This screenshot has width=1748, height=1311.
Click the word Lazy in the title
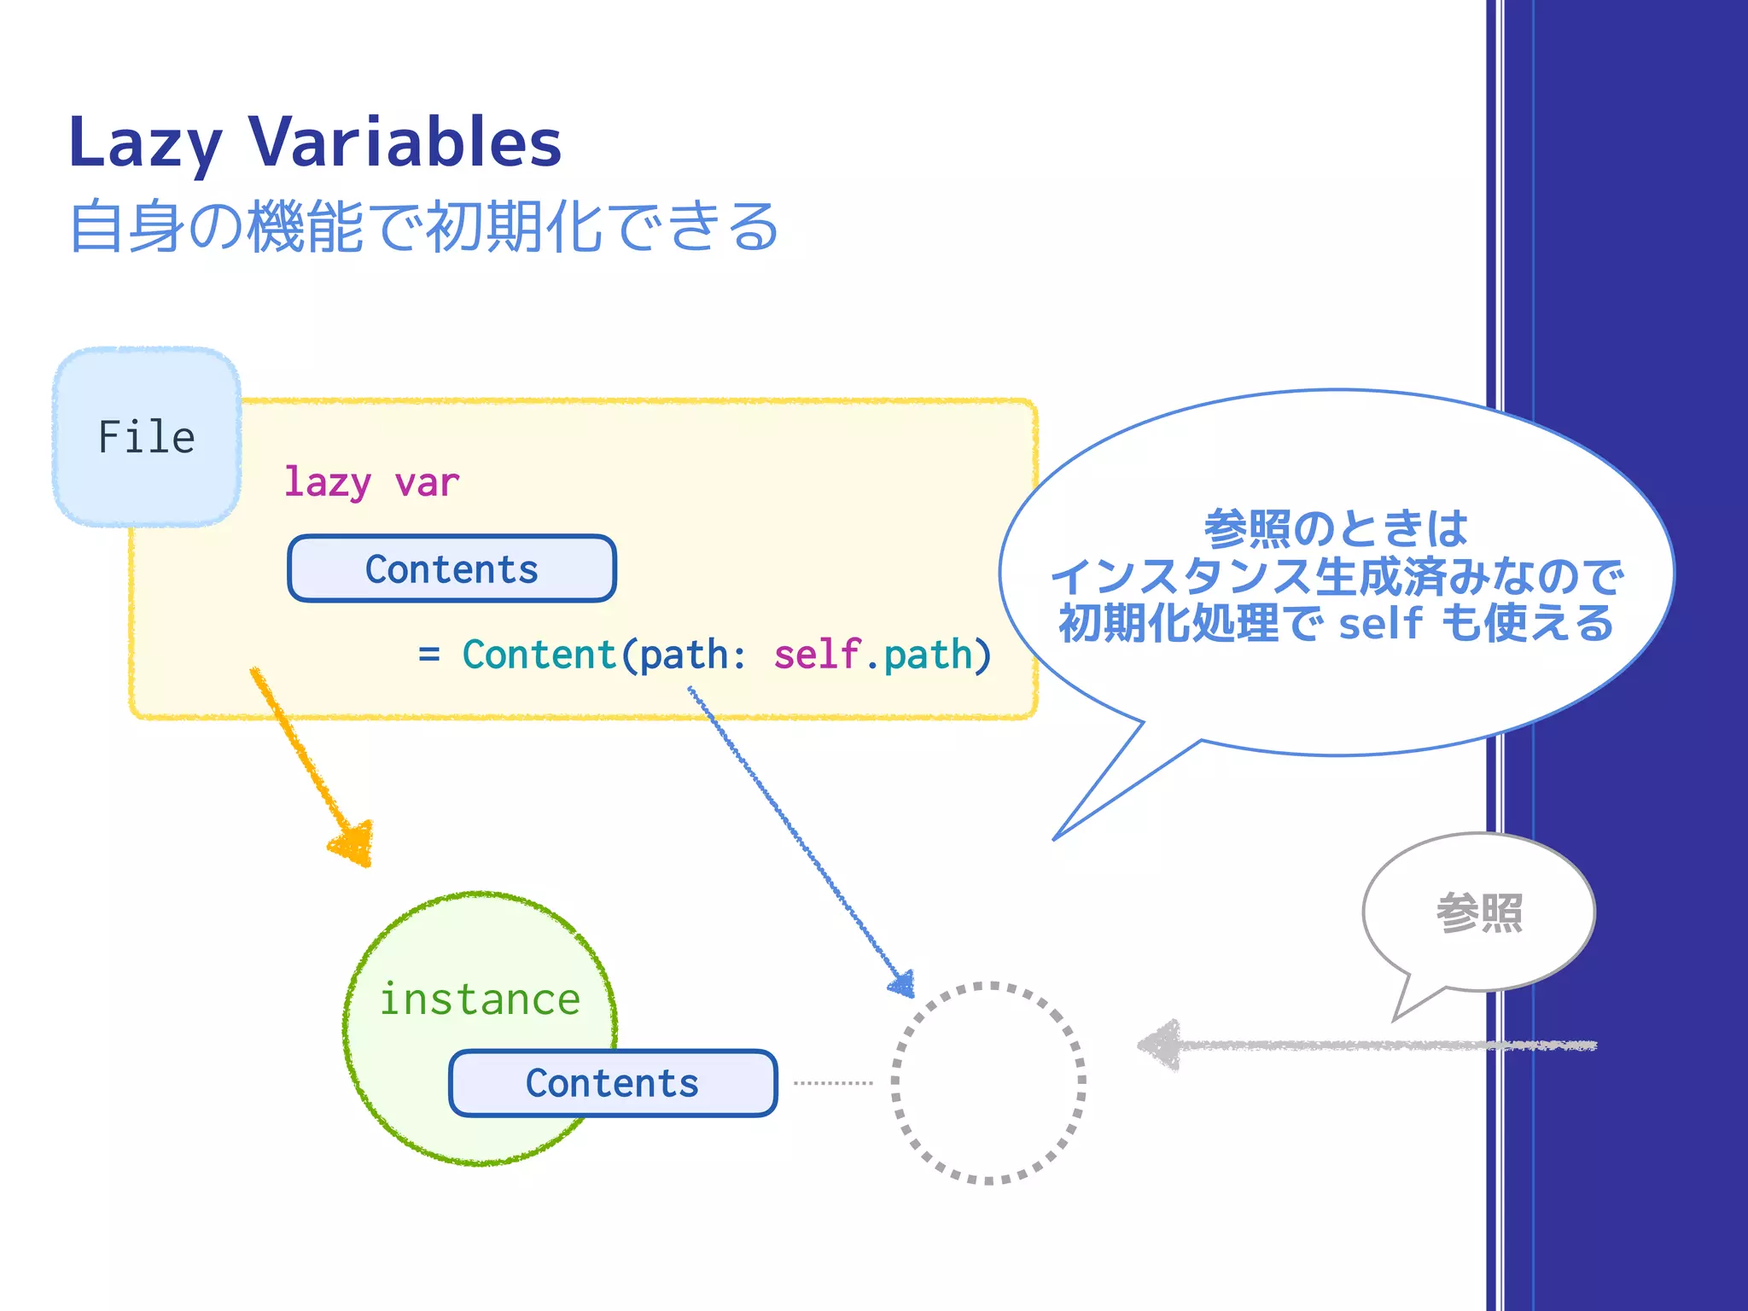pyautogui.click(x=145, y=143)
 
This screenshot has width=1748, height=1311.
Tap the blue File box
pyautogui.click(x=147, y=437)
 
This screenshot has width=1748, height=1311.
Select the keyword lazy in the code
pyautogui.click(x=327, y=483)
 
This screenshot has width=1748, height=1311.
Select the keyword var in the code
pyautogui.click(x=427, y=483)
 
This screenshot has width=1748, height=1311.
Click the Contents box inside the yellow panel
pyautogui.click(x=452, y=569)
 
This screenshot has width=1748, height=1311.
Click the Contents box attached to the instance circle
pyautogui.click(x=612, y=1083)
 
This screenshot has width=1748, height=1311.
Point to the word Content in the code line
pyautogui.click(x=539, y=655)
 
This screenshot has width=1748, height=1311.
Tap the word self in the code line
pyautogui.click(x=816, y=655)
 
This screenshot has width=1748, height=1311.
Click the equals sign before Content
pyautogui.click(x=429, y=655)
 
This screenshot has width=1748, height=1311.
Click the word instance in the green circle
pyautogui.click(x=480, y=999)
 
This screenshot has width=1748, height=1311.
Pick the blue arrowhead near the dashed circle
pyautogui.click(x=904, y=985)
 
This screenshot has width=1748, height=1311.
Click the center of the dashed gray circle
pyautogui.click(x=988, y=1082)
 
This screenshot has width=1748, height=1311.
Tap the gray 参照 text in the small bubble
pyautogui.click(x=1479, y=913)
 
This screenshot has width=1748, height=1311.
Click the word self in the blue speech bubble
pyautogui.click(x=1380, y=623)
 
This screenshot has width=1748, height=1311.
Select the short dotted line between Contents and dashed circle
pyautogui.click(x=833, y=1083)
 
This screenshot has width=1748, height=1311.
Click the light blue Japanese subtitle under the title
pyautogui.click(x=423, y=227)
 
